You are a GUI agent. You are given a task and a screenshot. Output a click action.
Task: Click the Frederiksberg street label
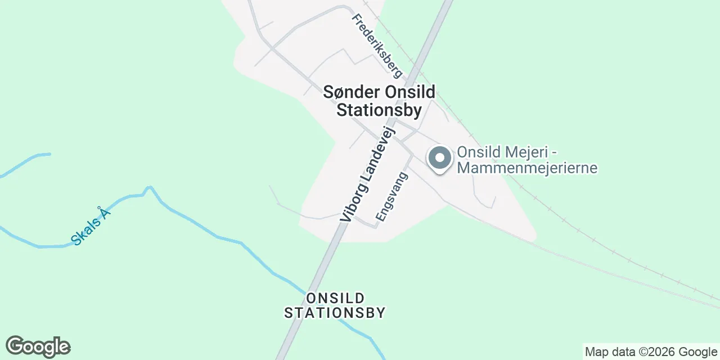(377, 46)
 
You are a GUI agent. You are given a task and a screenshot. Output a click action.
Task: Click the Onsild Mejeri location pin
(440, 158)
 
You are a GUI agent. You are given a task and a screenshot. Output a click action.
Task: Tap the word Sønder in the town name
(344, 92)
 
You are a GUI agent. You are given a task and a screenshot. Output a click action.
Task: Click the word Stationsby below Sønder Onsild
(379, 110)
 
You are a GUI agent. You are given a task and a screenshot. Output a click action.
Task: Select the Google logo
(38, 346)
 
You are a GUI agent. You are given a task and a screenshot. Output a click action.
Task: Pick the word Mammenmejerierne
(527, 168)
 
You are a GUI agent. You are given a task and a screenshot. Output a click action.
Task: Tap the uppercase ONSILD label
(335, 298)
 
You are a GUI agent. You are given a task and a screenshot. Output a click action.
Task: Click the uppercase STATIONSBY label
(335, 313)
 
